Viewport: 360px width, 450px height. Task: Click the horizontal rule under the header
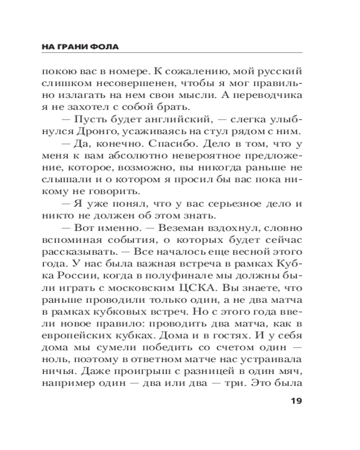[x=171, y=53]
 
